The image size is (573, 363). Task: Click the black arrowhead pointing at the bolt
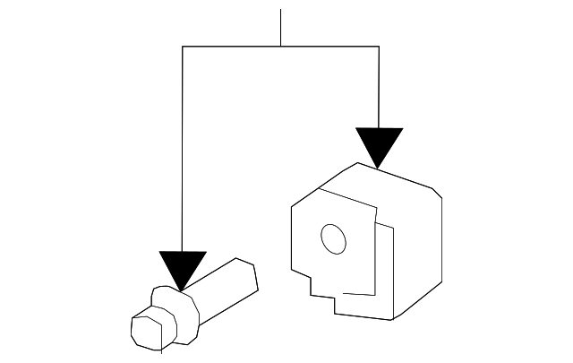tap(182, 267)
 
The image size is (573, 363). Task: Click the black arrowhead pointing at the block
tap(379, 143)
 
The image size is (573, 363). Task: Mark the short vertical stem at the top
tap(281, 27)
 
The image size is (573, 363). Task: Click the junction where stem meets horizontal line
tap(281, 46)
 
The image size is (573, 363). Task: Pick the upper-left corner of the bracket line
tap(183, 46)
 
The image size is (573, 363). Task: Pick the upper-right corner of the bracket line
tap(379, 46)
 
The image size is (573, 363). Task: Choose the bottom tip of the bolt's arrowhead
tap(182, 290)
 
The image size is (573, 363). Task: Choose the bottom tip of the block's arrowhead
tap(379, 168)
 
